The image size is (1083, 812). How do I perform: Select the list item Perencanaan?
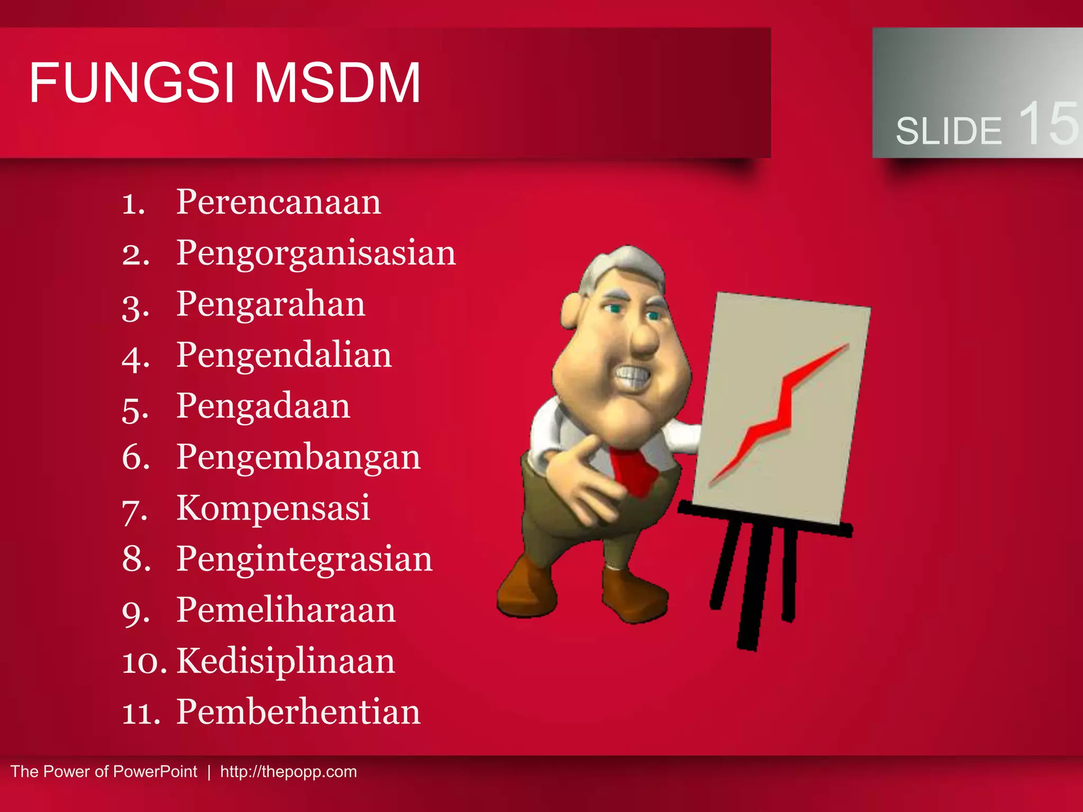278,202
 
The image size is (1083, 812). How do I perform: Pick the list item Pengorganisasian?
316,254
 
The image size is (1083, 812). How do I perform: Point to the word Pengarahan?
270,304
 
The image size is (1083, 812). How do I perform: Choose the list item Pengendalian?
284,355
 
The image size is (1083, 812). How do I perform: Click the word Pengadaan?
263,407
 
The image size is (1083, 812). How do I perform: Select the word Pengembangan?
298,457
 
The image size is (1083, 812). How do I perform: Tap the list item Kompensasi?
273,508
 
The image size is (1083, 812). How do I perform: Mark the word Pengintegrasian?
304,559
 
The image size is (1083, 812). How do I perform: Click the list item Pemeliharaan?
286,610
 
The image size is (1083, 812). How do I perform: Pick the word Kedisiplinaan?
286,661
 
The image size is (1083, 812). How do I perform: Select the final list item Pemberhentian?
298,712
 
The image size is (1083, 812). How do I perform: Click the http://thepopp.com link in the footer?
288,772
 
